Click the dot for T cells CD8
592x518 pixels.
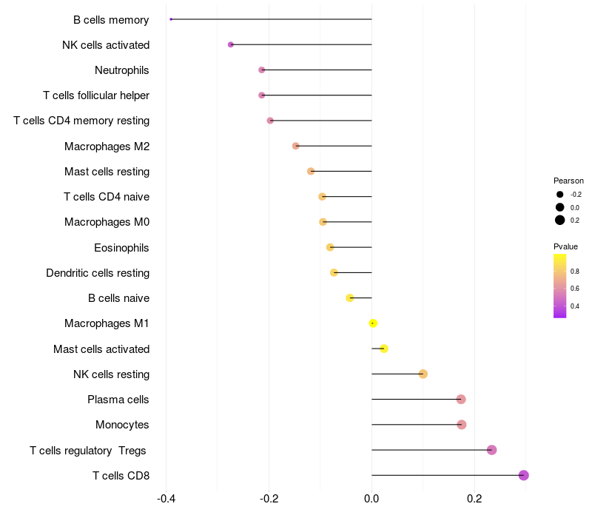tap(523, 475)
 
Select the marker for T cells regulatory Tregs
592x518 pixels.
tap(491, 450)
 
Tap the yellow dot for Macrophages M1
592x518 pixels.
tap(373, 323)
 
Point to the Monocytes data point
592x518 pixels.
tap(462, 425)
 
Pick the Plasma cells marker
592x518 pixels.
tap(461, 400)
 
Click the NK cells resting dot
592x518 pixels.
tap(423, 374)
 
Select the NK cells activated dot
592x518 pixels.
tap(231, 45)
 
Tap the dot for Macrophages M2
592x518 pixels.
tap(296, 146)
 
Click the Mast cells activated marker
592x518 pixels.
tap(383, 349)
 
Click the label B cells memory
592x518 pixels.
tap(111, 20)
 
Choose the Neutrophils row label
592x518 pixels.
tap(122, 70)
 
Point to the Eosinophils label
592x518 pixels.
tap(121, 248)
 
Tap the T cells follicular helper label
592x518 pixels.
tap(96, 95)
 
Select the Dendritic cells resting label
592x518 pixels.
tap(98, 273)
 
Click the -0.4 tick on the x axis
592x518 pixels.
tap(166, 498)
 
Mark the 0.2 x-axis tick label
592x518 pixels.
tap(474, 498)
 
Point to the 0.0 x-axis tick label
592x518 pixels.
tap(371, 498)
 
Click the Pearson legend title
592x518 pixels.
tap(568, 181)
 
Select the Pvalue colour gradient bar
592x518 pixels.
tap(560, 286)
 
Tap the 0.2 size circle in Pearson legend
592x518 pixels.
tap(560, 220)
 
